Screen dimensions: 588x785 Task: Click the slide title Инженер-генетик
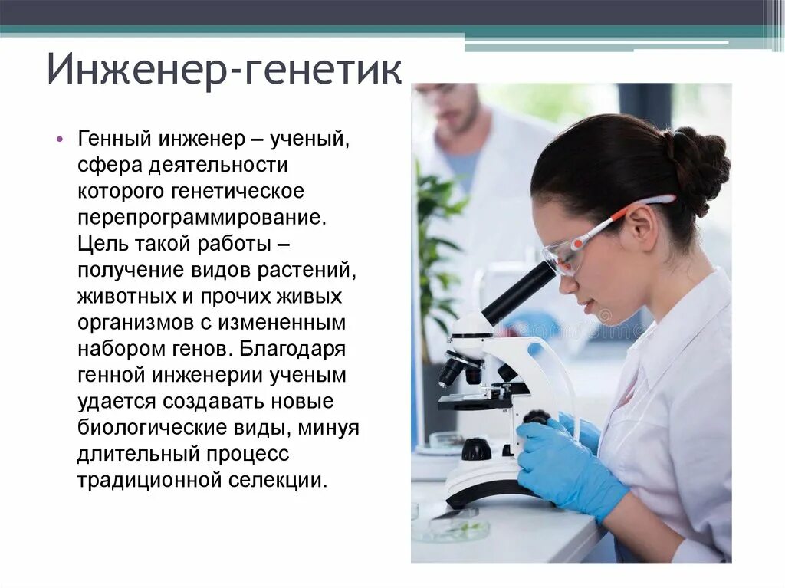click(x=224, y=70)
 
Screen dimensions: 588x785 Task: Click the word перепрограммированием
click(x=202, y=217)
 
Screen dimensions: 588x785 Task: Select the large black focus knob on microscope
click(x=476, y=448)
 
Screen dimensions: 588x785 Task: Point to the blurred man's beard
click(x=459, y=122)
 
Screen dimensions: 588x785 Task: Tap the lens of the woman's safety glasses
click(x=564, y=258)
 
